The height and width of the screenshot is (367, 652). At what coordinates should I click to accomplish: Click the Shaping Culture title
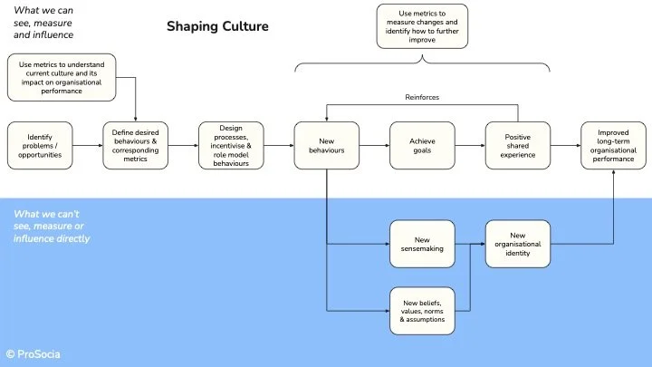pos(217,27)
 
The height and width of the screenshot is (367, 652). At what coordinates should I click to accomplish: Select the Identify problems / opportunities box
pos(40,145)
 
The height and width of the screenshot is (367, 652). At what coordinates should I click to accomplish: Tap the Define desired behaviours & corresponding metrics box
pos(135,145)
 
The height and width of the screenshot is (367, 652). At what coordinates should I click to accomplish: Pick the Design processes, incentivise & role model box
pos(231,145)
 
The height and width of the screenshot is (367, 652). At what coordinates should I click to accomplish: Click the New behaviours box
pos(326,145)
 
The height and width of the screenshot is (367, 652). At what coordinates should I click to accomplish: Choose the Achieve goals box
pos(422,145)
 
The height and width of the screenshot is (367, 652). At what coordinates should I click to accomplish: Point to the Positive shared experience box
pos(517,145)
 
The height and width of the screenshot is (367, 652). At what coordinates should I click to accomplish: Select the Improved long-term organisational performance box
pos(613,145)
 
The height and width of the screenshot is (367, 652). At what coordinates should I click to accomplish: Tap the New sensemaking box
pos(422,244)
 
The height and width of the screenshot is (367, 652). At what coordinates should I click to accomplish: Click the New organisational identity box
pos(518,244)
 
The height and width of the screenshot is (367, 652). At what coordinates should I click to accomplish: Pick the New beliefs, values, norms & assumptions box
pos(422,311)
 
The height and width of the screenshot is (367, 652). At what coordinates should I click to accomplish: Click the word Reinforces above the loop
pos(423,96)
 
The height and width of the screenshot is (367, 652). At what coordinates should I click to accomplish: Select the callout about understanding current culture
pos(61,77)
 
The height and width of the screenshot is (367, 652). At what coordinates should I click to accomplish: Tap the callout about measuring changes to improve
pos(422,26)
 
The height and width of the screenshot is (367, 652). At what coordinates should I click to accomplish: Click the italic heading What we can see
pos(44,22)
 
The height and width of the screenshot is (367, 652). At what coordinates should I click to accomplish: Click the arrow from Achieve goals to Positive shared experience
pos(469,145)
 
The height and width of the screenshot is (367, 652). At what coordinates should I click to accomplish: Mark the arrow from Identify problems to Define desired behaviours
pos(87,145)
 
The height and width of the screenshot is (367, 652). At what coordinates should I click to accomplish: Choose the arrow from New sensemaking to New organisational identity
pos(469,244)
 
